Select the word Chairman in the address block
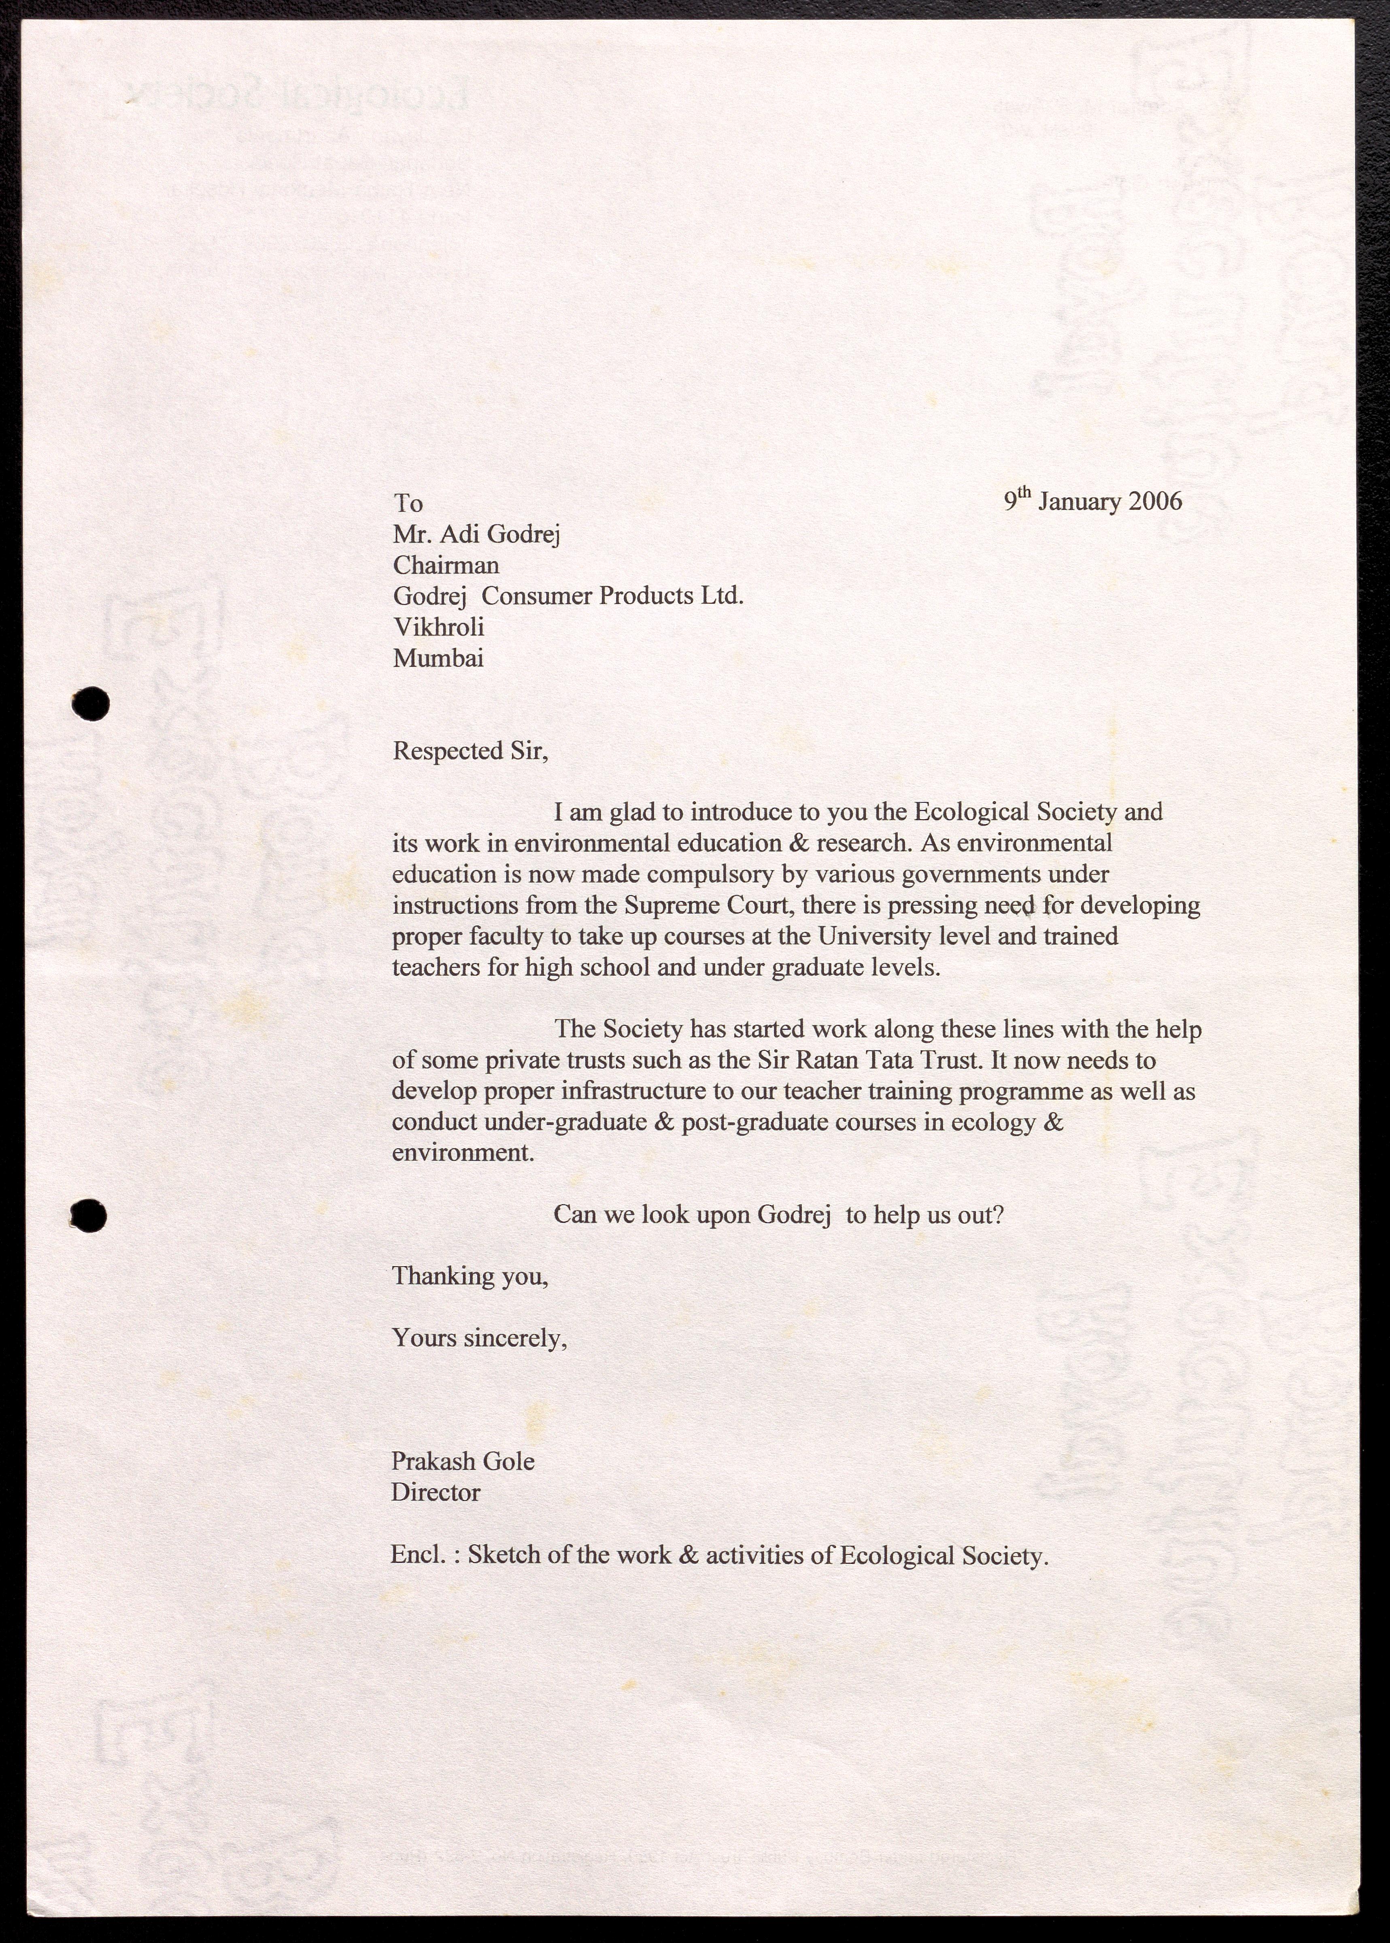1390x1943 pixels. pyautogui.click(x=446, y=566)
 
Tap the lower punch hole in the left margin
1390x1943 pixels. pyautogui.click(x=89, y=1216)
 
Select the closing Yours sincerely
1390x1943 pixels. pyautogui.click(x=479, y=1338)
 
